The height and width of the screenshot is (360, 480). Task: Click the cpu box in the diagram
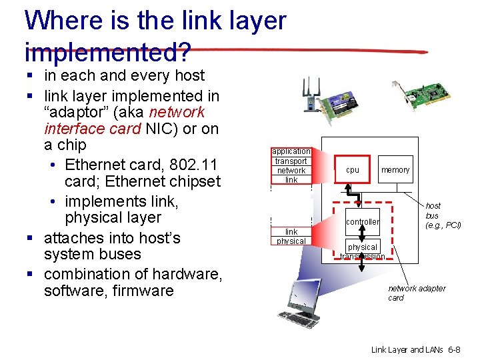point(353,170)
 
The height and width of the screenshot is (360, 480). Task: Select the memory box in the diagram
point(395,170)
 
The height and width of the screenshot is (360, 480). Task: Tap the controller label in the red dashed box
point(363,221)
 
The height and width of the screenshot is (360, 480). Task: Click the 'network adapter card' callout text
point(417,293)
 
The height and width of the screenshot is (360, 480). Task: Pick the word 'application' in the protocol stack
point(291,151)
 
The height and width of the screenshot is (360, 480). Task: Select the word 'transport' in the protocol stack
point(291,161)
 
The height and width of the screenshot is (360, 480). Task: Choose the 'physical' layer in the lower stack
point(291,241)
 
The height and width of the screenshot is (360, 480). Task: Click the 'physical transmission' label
point(363,251)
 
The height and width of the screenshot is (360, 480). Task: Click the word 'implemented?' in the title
point(107,53)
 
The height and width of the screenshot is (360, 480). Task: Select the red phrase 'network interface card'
point(124,120)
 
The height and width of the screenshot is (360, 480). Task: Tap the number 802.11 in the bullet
point(195,165)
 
